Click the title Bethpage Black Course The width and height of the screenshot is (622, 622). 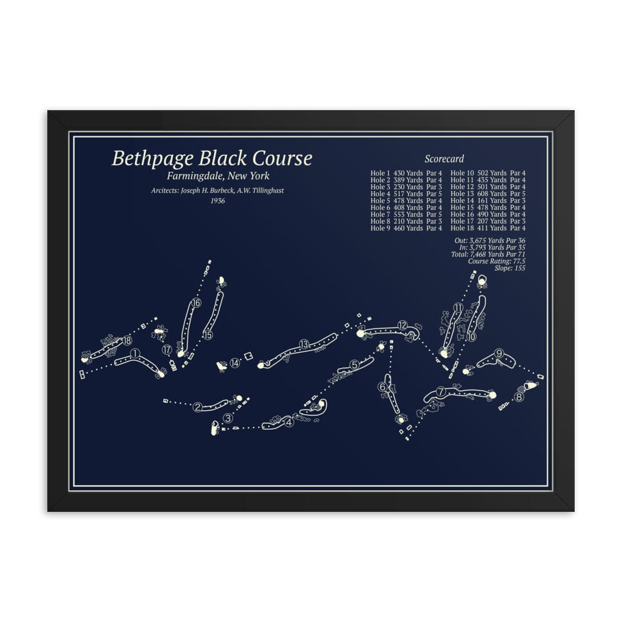212,159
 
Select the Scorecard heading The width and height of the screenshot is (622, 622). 444,159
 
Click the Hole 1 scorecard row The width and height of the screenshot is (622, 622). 406,173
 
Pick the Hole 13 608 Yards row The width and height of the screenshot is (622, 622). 488,193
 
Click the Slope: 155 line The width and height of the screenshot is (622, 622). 510,269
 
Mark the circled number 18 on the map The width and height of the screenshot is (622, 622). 128,340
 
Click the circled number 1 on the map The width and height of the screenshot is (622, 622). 135,354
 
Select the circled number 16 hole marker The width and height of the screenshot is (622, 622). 197,303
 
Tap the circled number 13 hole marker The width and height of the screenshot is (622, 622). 304,345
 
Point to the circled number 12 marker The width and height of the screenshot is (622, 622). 402,325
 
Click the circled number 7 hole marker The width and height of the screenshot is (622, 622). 441,392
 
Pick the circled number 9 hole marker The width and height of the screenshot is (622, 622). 499,355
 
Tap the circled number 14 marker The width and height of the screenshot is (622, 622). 234,363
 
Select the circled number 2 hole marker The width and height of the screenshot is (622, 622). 198,407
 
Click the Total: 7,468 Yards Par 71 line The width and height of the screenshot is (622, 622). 485,255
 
